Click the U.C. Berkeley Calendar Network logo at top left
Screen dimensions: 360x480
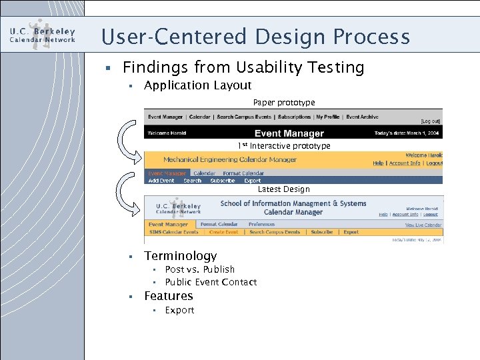(42, 35)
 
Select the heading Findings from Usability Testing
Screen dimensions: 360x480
(243, 67)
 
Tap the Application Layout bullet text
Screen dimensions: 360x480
(197, 85)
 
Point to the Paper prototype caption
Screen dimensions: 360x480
(284, 102)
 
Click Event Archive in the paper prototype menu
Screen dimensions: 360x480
(362, 117)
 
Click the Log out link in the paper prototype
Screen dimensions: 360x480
(431, 122)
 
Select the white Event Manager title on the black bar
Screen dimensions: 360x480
(289, 133)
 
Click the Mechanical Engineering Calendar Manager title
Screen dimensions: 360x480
(230, 159)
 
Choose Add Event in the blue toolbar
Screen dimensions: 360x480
(161, 181)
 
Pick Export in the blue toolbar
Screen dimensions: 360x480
(253, 181)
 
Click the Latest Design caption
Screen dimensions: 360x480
(283, 189)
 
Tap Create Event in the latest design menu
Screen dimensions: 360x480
(223, 232)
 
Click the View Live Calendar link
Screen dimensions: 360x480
(423, 225)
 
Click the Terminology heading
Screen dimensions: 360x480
(180, 256)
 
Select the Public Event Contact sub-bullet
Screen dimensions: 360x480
(211, 282)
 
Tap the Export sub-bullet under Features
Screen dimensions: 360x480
(179, 310)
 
